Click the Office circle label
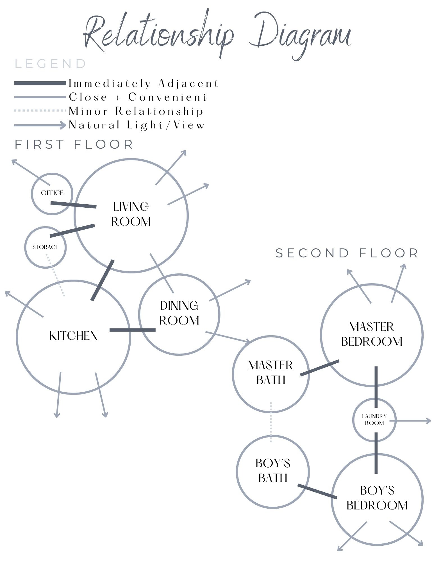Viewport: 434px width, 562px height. (52, 193)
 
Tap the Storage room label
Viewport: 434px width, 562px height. (46, 247)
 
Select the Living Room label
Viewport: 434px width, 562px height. (131, 214)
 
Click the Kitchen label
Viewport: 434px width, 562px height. (73, 336)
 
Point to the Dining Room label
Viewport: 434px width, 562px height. (179, 313)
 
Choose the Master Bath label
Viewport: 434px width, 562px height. (271, 373)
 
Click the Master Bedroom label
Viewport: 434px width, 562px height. (372, 334)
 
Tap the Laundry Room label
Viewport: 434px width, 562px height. (374, 420)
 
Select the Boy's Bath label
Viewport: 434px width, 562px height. (273, 471)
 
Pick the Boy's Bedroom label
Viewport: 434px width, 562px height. (377, 498)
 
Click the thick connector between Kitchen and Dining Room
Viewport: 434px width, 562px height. (132, 330)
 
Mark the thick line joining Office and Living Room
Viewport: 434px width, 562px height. (74, 205)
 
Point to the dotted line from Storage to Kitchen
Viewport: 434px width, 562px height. (56, 275)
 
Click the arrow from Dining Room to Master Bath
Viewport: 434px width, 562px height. (228, 337)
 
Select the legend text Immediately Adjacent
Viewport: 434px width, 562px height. (144, 83)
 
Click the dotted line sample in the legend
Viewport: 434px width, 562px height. (40, 111)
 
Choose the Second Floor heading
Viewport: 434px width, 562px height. (347, 253)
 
